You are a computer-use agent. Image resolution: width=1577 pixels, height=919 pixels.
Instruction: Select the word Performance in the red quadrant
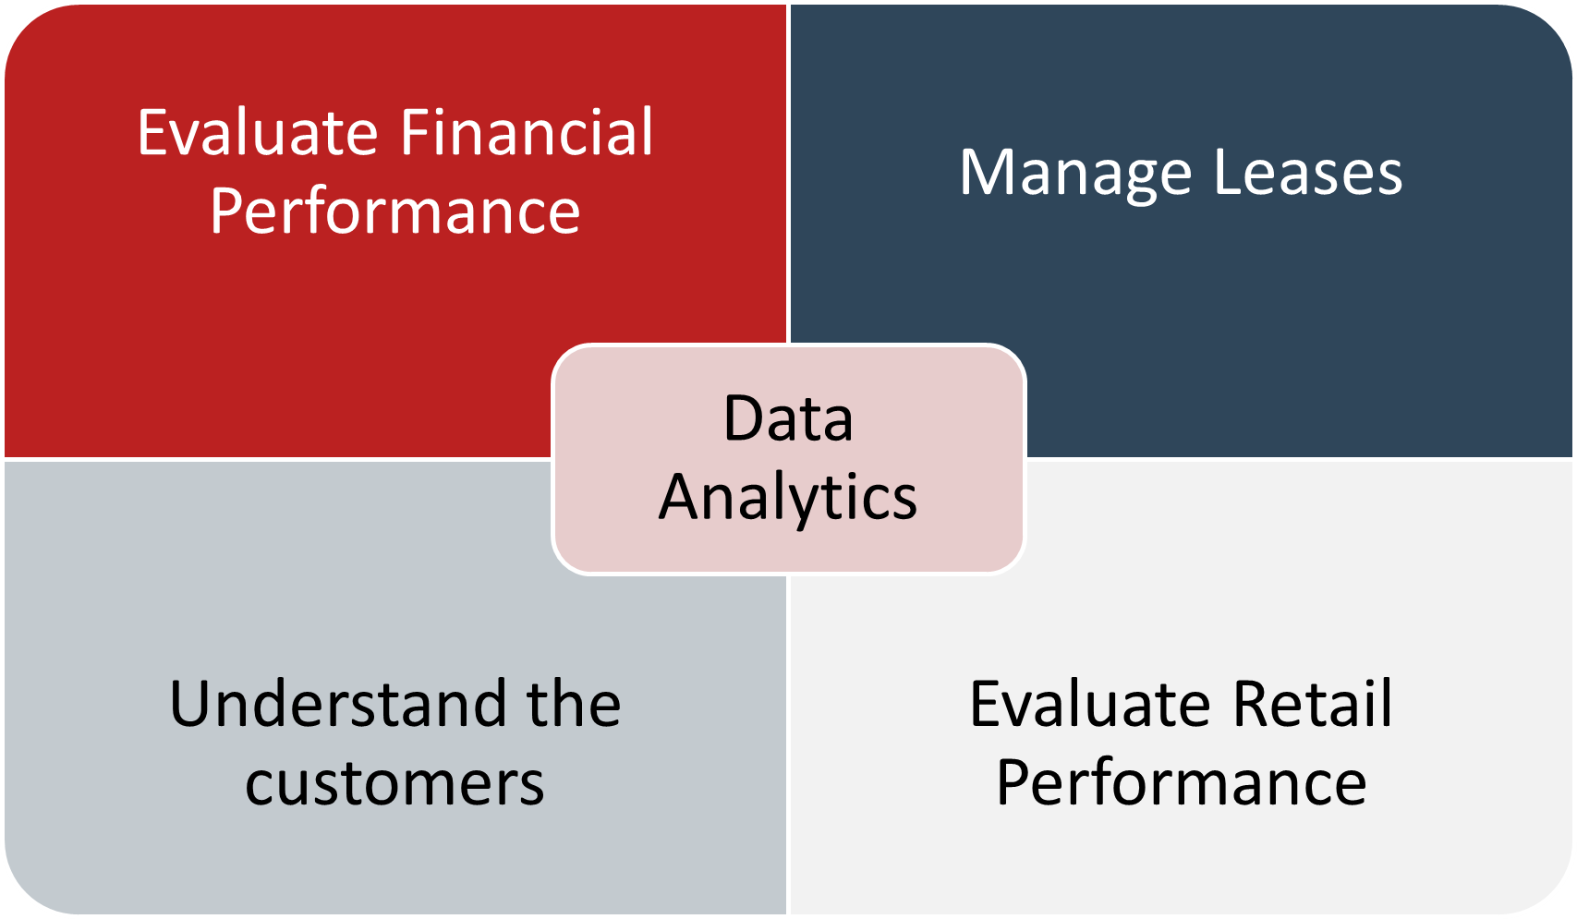click(x=395, y=212)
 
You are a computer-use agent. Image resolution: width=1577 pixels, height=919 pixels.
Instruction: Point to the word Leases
click(x=1309, y=172)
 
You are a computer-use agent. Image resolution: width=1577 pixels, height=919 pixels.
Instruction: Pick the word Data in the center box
click(x=789, y=418)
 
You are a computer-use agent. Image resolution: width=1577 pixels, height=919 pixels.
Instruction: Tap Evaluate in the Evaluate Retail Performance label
click(x=1090, y=704)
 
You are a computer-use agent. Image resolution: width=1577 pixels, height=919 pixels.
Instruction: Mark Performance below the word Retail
click(x=1182, y=784)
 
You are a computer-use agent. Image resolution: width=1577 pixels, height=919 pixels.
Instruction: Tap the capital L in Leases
click(x=1230, y=172)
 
